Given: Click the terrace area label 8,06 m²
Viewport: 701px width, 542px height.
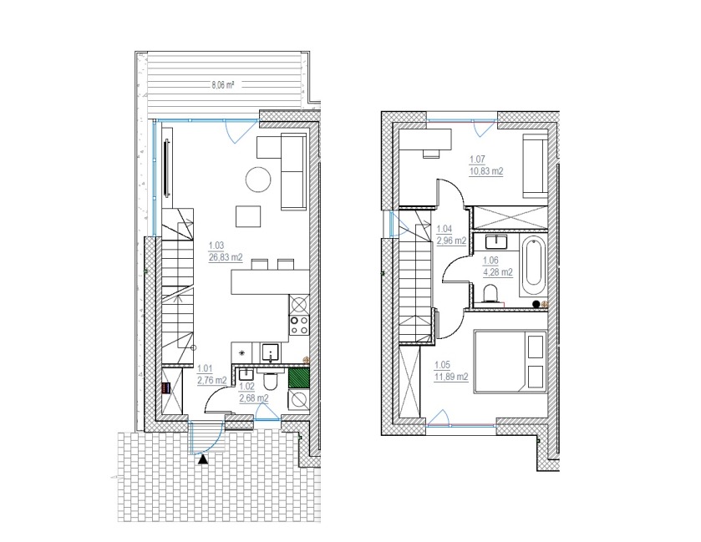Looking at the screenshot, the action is pos(224,85).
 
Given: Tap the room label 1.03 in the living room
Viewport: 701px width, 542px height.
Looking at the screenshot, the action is pos(216,246).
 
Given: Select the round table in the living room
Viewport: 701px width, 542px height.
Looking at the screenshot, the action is pos(258,180).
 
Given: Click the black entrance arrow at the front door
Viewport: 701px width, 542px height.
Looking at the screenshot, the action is pos(203,458).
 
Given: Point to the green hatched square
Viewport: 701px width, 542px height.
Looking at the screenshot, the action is pos(298,377).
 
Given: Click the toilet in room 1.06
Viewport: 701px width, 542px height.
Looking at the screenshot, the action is pos(491,293).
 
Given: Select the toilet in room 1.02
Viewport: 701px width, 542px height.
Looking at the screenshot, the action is pos(271,380).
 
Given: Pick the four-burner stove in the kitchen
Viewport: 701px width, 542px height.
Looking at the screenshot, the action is pos(299,325).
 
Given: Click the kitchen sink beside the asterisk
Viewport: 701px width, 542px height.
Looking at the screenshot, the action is pos(270,352).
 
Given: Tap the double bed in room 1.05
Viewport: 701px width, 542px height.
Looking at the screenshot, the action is pos(511,362).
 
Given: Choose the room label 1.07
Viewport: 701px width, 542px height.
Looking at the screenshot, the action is pos(477,159).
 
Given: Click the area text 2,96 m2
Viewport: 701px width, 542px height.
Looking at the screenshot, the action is pos(451,241).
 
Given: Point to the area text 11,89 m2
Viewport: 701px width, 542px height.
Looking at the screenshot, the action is pos(451,377).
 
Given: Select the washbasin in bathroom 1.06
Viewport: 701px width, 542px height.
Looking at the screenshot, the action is pos(495,241).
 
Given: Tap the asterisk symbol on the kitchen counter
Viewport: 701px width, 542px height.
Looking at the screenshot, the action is pos(242,352).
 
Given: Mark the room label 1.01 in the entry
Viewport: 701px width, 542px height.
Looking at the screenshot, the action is pos(205,368).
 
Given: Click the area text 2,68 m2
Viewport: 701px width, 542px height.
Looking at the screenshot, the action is pos(254,398).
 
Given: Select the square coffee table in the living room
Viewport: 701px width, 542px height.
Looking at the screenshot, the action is pos(248,216).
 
